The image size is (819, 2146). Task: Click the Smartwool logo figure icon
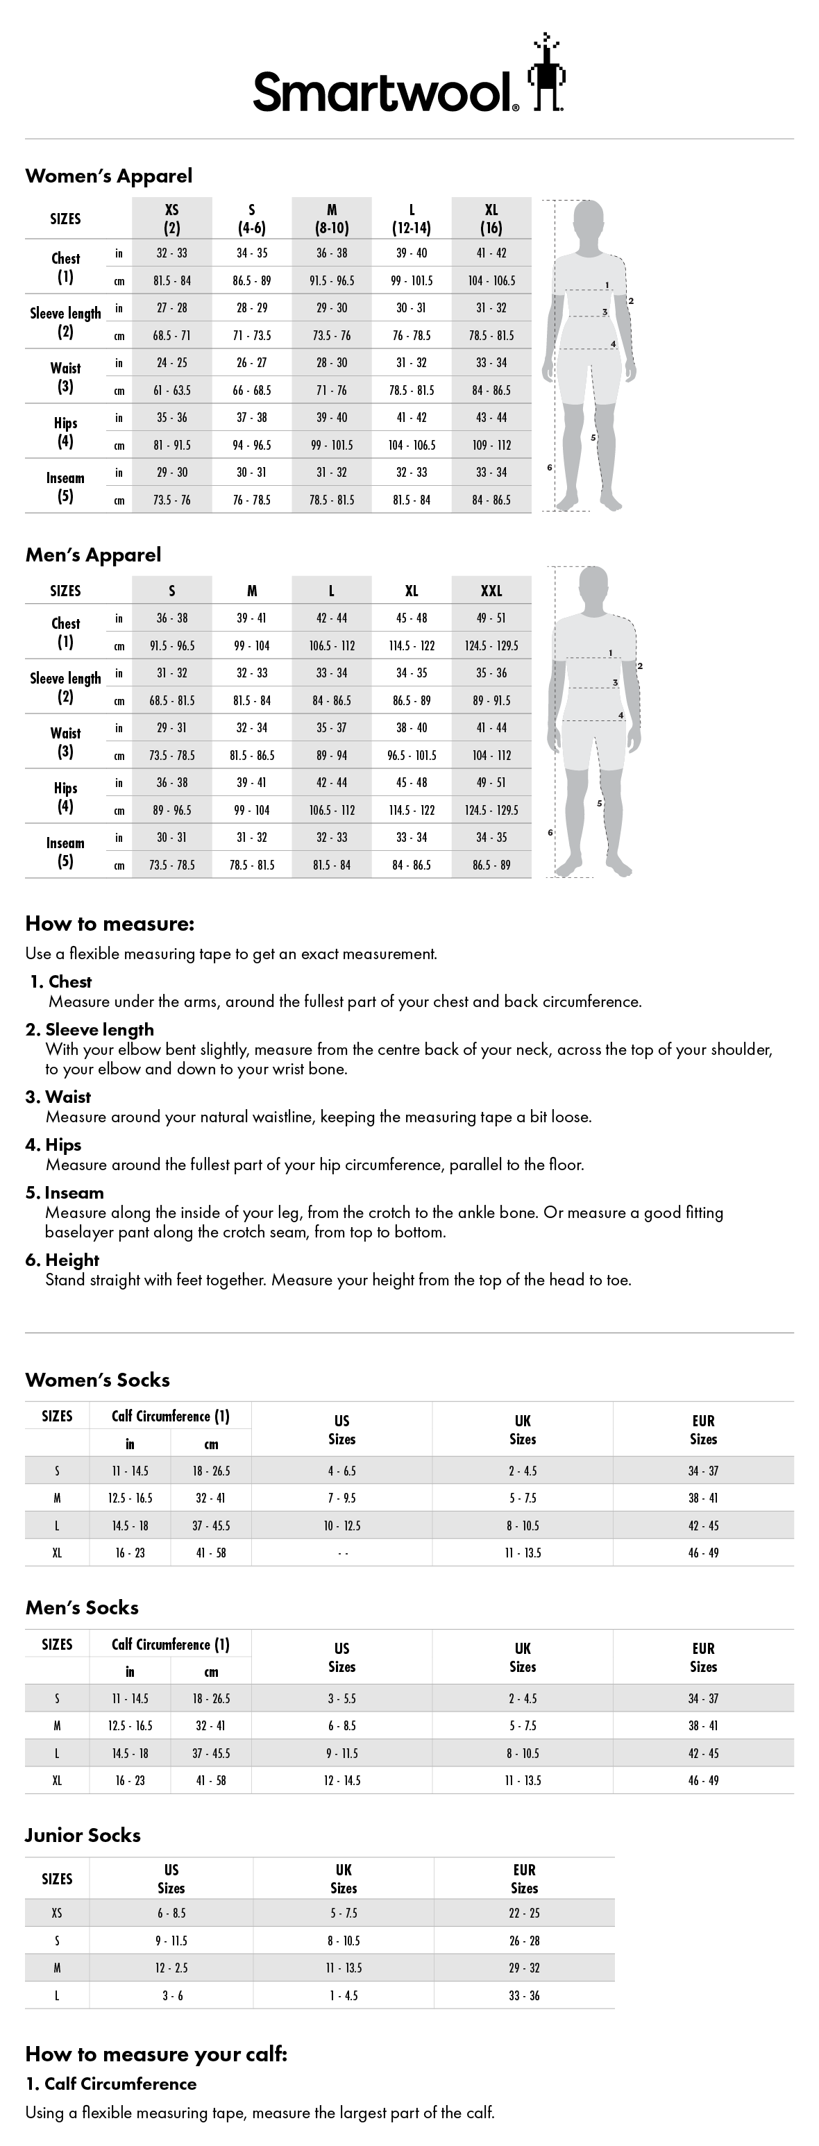point(546,74)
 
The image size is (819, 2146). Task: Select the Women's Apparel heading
point(108,176)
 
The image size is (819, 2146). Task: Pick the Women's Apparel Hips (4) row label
point(65,432)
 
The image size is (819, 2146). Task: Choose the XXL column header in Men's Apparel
point(491,591)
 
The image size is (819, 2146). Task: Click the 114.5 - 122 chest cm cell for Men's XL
point(411,645)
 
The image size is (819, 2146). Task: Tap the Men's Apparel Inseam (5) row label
point(65,852)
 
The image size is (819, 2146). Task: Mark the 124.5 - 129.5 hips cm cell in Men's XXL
point(491,810)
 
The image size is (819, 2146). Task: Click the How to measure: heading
point(110,923)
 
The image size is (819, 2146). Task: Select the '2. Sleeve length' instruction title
point(90,1030)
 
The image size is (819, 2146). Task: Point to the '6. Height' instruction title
point(62,1260)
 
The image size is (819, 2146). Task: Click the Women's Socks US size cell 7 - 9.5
point(341,1498)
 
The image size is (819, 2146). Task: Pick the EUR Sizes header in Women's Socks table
point(702,1430)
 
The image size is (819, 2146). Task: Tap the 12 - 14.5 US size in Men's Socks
point(341,1780)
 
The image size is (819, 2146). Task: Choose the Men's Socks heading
point(82,1608)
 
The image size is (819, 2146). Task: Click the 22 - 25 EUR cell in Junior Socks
point(524,1913)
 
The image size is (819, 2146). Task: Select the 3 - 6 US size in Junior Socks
point(171,1995)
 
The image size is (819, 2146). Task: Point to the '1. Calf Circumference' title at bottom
point(111,2084)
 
